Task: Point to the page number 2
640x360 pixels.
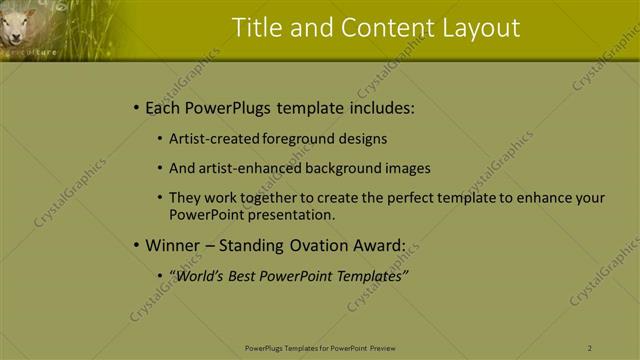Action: point(590,348)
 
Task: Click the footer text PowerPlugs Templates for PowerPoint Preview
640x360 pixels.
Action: point(320,348)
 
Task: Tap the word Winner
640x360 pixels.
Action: point(174,245)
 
